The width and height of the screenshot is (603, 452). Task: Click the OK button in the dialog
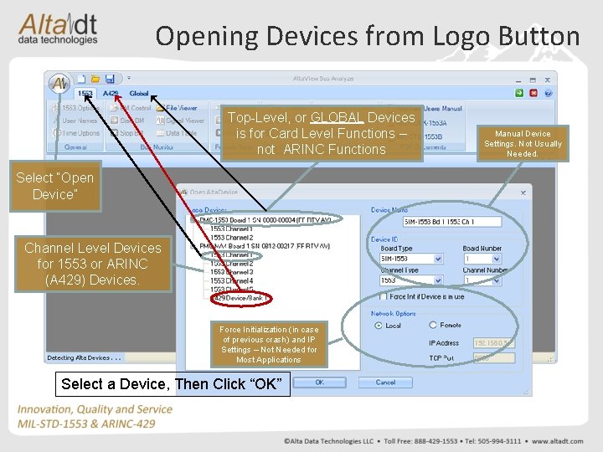pyautogui.click(x=319, y=382)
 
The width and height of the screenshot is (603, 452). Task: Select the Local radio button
pyautogui.click(x=379, y=326)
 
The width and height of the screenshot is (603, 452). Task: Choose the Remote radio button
pyautogui.click(x=433, y=326)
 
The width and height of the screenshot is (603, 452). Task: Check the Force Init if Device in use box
pyautogui.click(x=384, y=296)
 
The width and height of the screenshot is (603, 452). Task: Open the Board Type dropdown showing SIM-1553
pyautogui.click(x=411, y=259)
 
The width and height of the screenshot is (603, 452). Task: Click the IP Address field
pyautogui.click(x=492, y=343)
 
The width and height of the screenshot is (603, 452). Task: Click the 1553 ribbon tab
pyautogui.click(x=85, y=94)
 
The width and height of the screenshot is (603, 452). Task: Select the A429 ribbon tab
pyautogui.click(x=111, y=94)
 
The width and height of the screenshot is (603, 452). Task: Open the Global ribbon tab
pyautogui.click(x=138, y=94)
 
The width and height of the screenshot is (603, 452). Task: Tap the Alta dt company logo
pyautogui.click(x=59, y=28)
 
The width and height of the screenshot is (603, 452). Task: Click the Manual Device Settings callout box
pyautogui.click(x=523, y=143)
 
